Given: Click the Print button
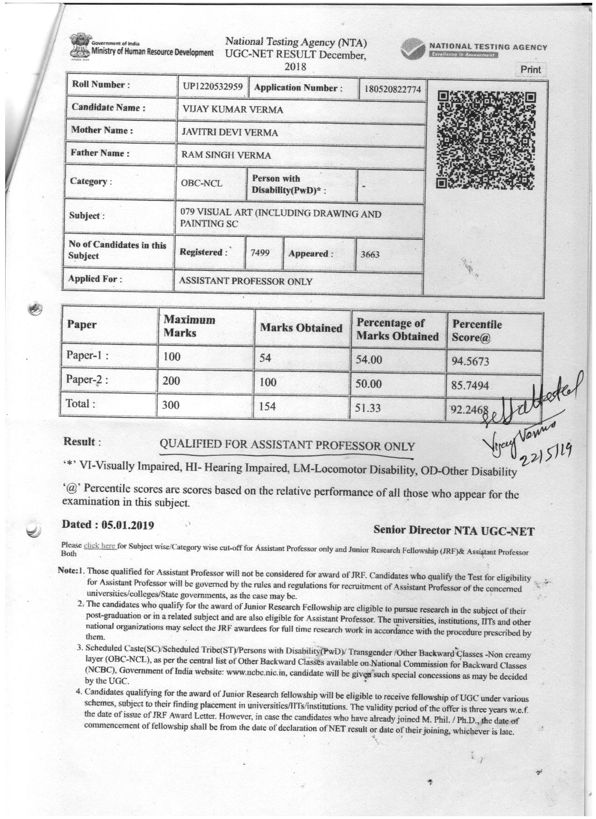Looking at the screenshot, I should (x=530, y=70).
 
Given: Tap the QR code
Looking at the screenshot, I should (x=486, y=140).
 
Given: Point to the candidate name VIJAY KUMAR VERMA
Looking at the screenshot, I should (x=232, y=110).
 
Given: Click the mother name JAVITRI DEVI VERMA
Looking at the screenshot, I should (x=230, y=132).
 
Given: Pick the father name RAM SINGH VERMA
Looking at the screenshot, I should (x=226, y=155).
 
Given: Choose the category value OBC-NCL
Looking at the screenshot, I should (x=201, y=183).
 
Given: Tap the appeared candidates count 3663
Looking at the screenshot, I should (x=370, y=255).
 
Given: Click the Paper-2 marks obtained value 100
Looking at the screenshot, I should (x=268, y=382).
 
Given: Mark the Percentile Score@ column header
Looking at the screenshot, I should (x=476, y=331).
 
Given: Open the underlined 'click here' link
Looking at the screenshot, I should (x=99, y=545).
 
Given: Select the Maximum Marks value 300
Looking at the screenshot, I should (x=171, y=405).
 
